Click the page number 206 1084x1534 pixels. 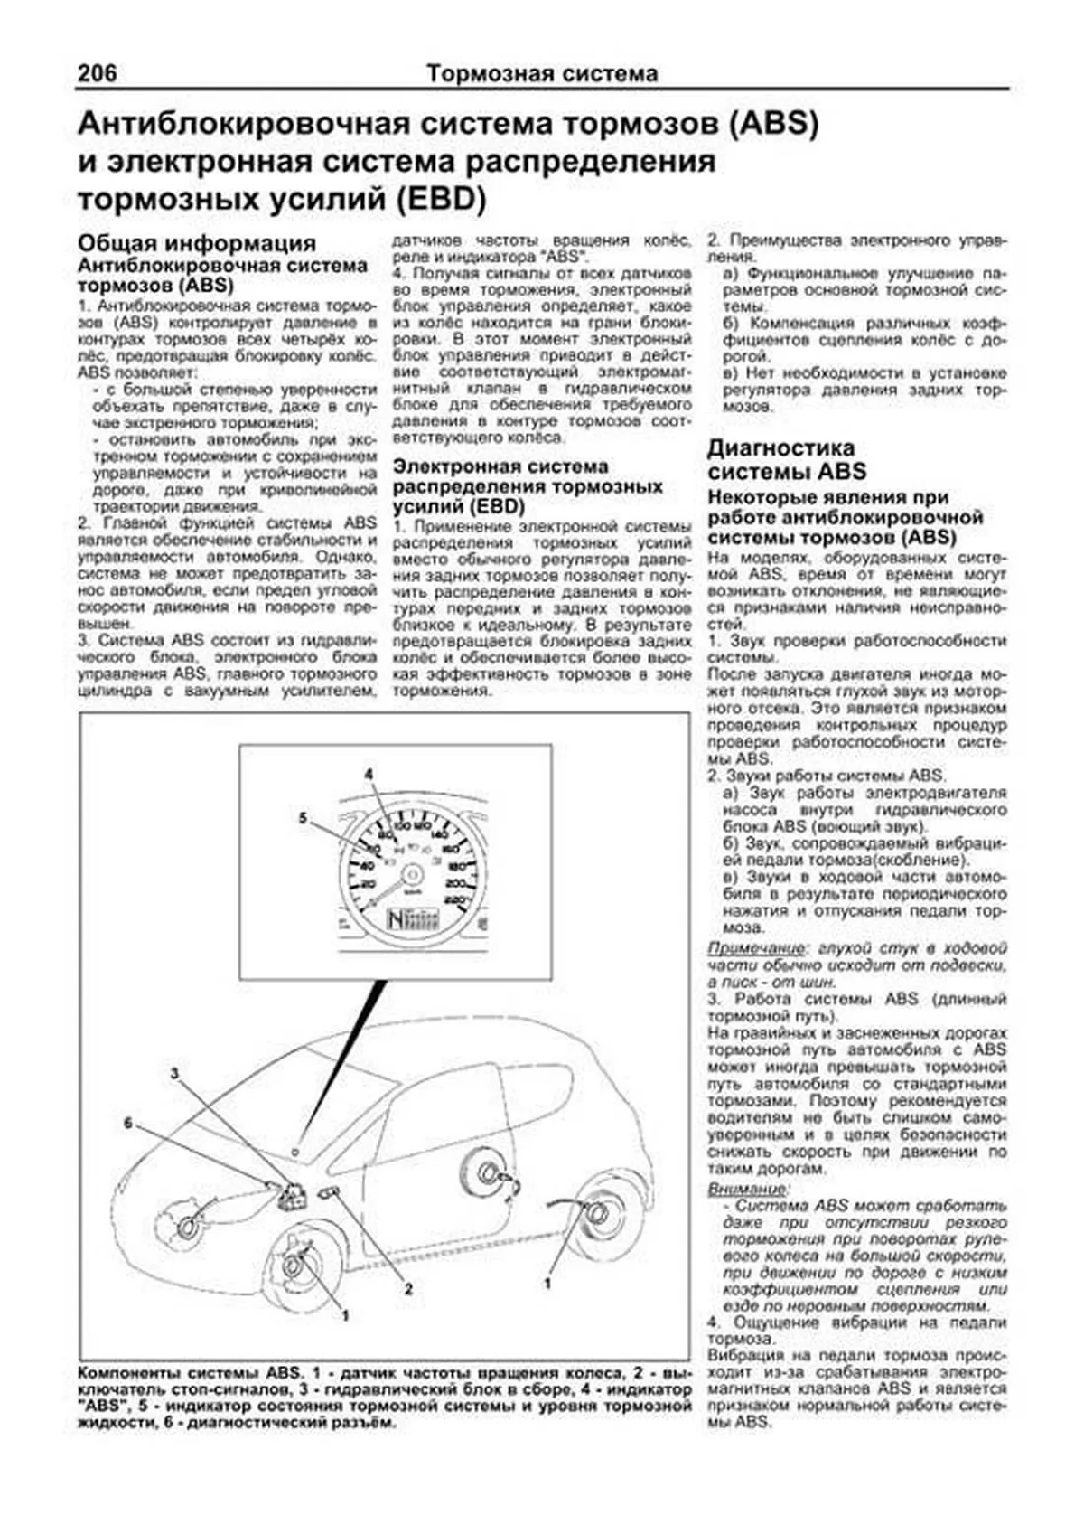tap(97, 72)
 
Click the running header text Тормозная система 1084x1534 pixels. tap(542, 73)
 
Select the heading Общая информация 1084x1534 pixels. tap(197, 243)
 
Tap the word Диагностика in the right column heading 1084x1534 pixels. tap(780, 447)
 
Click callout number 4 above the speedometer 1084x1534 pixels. tap(369, 774)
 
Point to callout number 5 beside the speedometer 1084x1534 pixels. tap(304, 818)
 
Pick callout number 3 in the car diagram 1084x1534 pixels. tap(175, 1073)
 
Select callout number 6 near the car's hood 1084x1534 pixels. tap(128, 1123)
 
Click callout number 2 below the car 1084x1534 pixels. tap(408, 1289)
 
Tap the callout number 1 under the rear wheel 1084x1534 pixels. tap(547, 1282)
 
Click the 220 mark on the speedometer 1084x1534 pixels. tap(455, 899)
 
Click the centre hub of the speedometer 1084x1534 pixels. tap(411, 875)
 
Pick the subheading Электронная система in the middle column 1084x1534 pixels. tap(500, 467)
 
